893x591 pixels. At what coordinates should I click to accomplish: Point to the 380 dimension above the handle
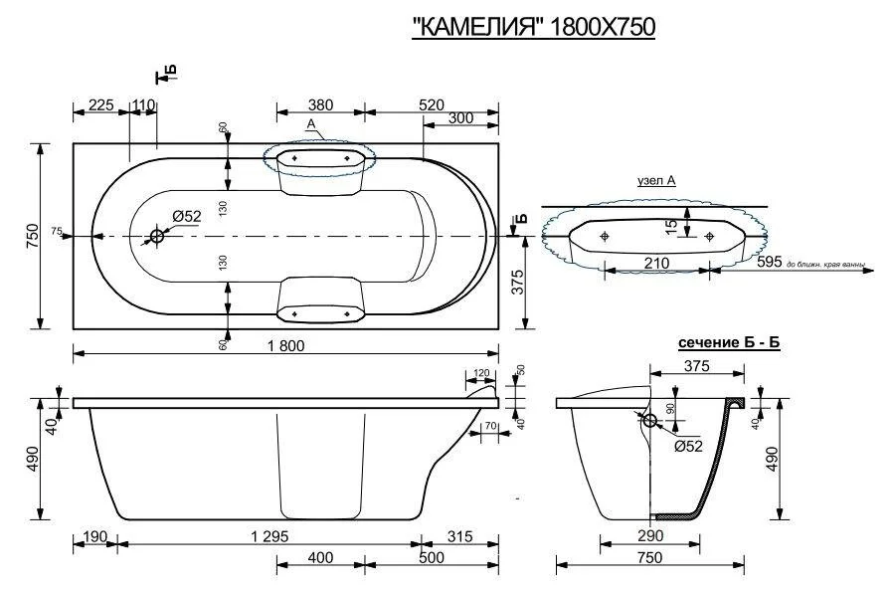point(320,104)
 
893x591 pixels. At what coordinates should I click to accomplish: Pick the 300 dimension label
point(459,118)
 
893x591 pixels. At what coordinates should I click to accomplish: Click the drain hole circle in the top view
point(157,236)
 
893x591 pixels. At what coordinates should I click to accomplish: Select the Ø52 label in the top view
point(186,216)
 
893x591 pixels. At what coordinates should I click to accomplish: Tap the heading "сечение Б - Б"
point(728,342)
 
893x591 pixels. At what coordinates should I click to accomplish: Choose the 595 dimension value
point(770,263)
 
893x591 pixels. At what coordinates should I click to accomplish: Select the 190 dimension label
point(95,534)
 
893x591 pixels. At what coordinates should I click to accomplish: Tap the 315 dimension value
point(458,534)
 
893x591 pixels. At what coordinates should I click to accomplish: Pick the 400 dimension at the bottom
point(320,557)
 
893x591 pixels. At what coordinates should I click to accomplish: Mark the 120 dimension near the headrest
point(481,373)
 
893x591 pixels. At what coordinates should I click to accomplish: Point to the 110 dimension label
point(143,104)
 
